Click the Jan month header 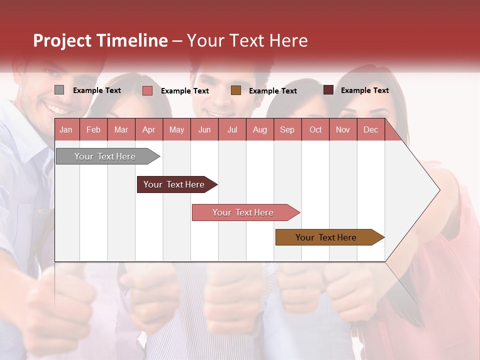point(66,129)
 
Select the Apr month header point(148,129)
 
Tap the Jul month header point(232,129)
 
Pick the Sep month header point(287,129)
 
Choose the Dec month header point(370,129)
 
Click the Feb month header point(93,129)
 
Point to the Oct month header point(315,129)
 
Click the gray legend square point(59,90)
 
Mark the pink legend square point(147,90)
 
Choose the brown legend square point(236,90)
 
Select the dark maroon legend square point(328,90)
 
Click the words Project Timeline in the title point(100,40)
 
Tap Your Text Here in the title point(247,40)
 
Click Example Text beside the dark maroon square point(364,90)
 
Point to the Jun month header point(204,129)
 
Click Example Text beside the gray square point(97,90)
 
